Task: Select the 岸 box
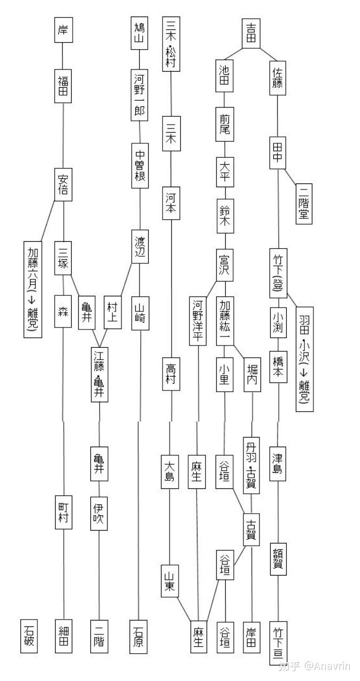click(63, 30)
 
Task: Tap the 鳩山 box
click(140, 33)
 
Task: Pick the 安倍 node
click(63, 183)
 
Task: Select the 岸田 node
click(251, 637)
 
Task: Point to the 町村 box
click(64, 512)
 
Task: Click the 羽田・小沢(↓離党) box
click(304, 359)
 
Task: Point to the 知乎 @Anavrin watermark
click(315, 666)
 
